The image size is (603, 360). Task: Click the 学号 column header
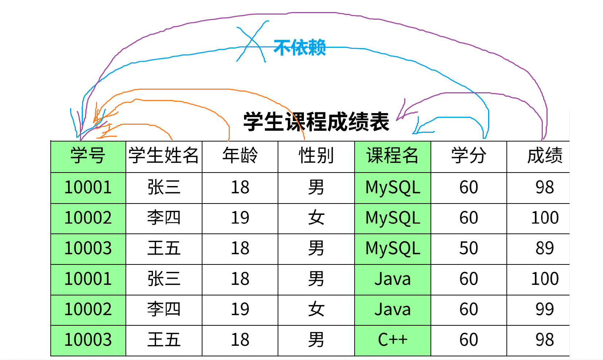click(x=88, y=156)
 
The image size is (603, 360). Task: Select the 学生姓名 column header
click(x=163, y=156)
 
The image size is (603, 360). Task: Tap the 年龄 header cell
click(x=240, y=156)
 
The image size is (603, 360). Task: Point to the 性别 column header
click(x=316, y=156)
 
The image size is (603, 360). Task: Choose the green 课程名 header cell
click(x=393, y=156)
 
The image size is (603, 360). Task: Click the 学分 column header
click(x=469, y=156)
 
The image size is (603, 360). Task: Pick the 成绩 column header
click(x=545, y=156)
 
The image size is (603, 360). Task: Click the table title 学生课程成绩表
click(x=316, y=122)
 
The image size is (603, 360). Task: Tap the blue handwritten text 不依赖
click(x=299, y=48)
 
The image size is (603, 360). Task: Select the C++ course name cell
click(x=393, y=340)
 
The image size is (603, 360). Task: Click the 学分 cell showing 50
click(x=469, y=248)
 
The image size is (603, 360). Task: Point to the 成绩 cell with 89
click(x=545, y=248)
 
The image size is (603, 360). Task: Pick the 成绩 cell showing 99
click(x=545, y=309)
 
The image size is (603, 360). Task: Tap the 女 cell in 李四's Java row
click(x=316, y=309)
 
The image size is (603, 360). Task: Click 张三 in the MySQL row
click(x=163, y=187)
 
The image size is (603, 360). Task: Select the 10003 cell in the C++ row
click(x=88, y=340)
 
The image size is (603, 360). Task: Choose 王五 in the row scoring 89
click(x=163, y=248)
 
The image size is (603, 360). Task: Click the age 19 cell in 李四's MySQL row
click(x=240, y=218)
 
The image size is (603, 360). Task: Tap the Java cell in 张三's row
click(x=393, y=279)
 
